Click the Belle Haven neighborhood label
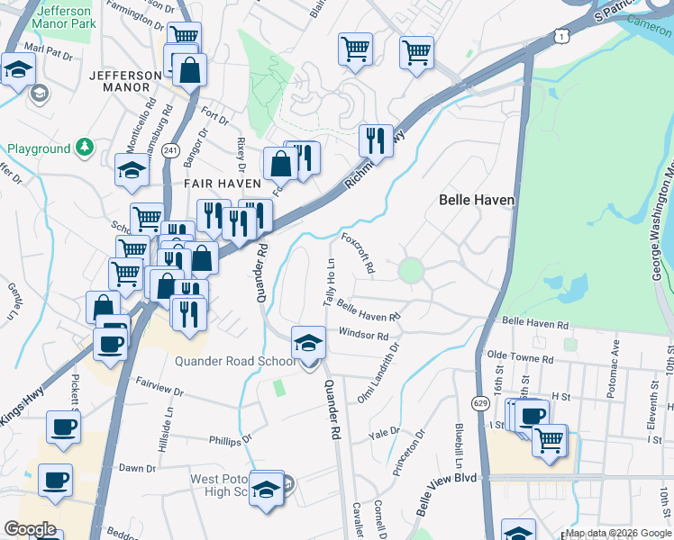pyautogui.click(x=476, y=200)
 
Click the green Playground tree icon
pyautogui.click(x=84, y=146)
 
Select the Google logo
pyautogui.click(x=30, y=529)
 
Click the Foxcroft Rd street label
pyautogui.click(x=359, y=254)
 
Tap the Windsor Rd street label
pyautogui.click(x=363, y=335)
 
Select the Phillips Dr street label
pyautogui.click(x=227, y=441)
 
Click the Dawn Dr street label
pyautogui.click(x=138, y=468)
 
